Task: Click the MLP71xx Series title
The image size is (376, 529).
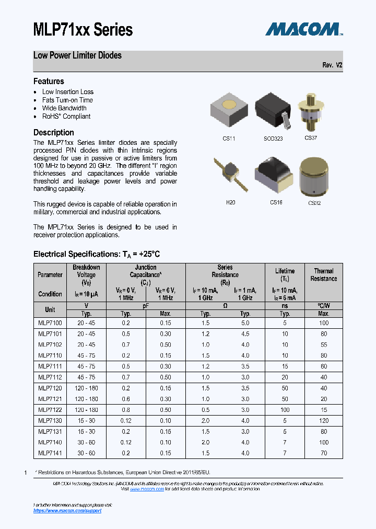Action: pyautogui.click(x=83, y=30)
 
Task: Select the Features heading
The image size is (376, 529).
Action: pyautogui.click(x=49, y=81)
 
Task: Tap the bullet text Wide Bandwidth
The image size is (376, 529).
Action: pyautogui.click(x=64, y=108)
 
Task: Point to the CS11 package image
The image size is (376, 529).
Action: pyautogui.click(x=229, y=110)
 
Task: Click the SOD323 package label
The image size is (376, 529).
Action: pyautogui.click(x=273, y=139)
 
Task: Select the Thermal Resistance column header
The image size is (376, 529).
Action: pyautogui.click(x=324, y=274)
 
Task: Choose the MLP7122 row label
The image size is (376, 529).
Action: pyautogui.click(x=50, y=410)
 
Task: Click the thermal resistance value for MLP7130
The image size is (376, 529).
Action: pyautogui.click(x=324, y=420)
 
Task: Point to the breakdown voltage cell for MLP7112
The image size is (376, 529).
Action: pyautogui.click(x=86, y=377)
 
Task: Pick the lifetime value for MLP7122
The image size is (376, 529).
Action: pyautogui.click(x=285, y=410)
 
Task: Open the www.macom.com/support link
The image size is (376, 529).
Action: pyautogui.click(x=67, y=511)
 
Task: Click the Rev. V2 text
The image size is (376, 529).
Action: pyautogui.click(x=332, y=65)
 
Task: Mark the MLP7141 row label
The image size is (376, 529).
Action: pyautogui.click(x=50, y=453)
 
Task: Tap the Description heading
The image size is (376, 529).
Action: pyautogui.click(x=54, y=132)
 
